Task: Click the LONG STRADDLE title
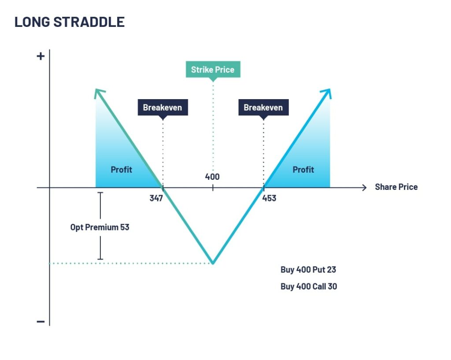tap(70, 22)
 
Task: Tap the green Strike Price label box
tap(213, 69)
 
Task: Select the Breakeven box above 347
tap(163, 108)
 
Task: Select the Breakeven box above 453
tap(263, 108)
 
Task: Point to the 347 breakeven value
tap(156, 198)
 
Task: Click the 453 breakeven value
tap(269, 198)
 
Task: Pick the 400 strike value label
tap(212, 177)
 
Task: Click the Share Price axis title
tap(396, 187)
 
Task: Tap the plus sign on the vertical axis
tap(41, 56)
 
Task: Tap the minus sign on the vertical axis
tap(41, 321)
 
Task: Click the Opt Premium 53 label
tap(100, 227)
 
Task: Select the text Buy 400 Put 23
tap(308, 270)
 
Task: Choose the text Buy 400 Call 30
tap(309, 286)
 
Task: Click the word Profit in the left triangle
tap(122, 170)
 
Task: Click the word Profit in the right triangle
tap(303, 170)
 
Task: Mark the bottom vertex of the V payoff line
tap(213, 263)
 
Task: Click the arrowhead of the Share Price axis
tap(365, 188)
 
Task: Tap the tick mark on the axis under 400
tap(213, 188)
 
